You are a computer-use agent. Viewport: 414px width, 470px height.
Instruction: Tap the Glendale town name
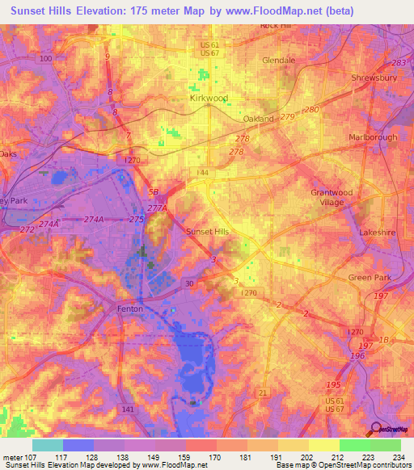[279, 60]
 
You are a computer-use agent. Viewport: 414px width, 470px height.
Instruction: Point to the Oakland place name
[259, 119]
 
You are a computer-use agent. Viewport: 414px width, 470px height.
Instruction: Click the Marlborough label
[373, 137]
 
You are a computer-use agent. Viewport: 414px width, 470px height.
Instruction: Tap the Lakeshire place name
[377, 232]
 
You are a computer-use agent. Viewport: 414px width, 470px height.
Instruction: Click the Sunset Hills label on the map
[208, 232]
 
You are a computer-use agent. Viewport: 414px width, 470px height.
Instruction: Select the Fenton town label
[129, 309]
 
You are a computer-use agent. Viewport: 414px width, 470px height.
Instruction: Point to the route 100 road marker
[45, 59]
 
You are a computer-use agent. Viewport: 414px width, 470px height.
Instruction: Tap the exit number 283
[397, 63]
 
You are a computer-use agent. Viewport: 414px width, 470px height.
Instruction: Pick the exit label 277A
[162, 208]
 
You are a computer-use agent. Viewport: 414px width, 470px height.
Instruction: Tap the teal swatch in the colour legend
[48, 445]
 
